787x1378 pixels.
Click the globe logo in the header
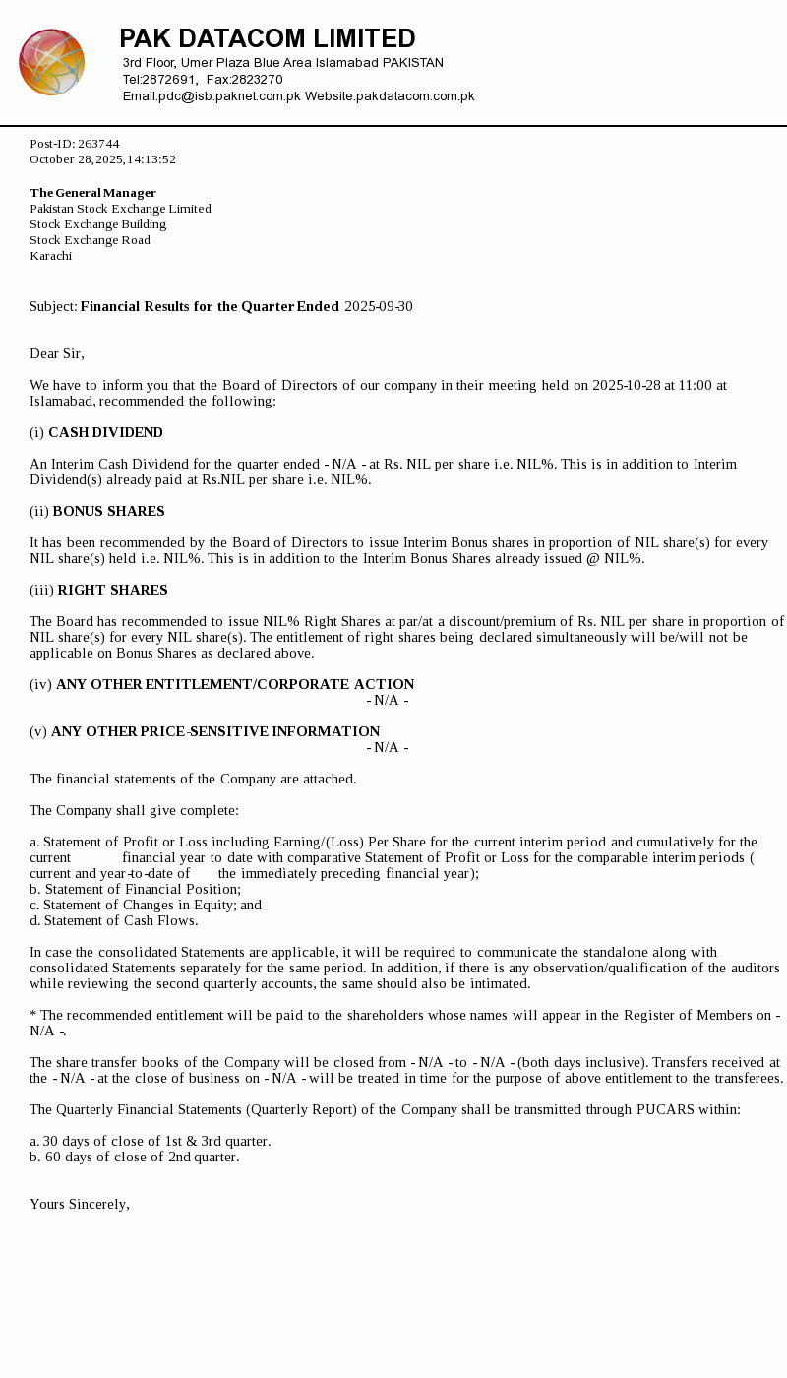(51, 62)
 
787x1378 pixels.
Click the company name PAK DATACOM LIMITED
(268, 39)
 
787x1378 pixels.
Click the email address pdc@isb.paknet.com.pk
(229, 96)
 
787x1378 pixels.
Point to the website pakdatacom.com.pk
(415, 96)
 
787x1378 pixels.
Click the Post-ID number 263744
(98, 144)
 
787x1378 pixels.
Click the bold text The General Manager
(92, 193)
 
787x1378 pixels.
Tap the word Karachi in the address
(50, 256)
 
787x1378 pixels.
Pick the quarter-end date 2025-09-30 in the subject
(379, 307)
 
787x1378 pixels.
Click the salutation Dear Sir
(56, 354)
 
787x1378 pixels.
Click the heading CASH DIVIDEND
(105, 433)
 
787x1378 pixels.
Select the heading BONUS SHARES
(108, 512)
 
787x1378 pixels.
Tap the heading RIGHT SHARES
(112, 591)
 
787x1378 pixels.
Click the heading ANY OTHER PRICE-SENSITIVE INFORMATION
(215, 732)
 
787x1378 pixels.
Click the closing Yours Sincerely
(79, 1205)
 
